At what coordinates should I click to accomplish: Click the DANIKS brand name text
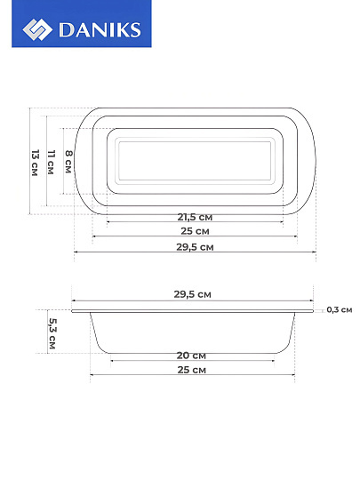point(100,29)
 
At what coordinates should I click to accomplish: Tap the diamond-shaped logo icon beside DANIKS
point(37,29)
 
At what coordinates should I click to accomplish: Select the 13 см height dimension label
point(36,163)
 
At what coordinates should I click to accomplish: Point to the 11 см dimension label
point(51,163)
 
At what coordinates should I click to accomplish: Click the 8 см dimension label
point(68,162)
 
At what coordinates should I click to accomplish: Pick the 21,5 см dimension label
point(195,217)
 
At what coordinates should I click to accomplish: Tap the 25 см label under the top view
point(195,231)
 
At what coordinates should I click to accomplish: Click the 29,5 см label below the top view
point(195,247)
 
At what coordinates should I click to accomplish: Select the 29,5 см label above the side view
point(193,294)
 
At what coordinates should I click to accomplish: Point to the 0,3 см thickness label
point(340,310)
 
